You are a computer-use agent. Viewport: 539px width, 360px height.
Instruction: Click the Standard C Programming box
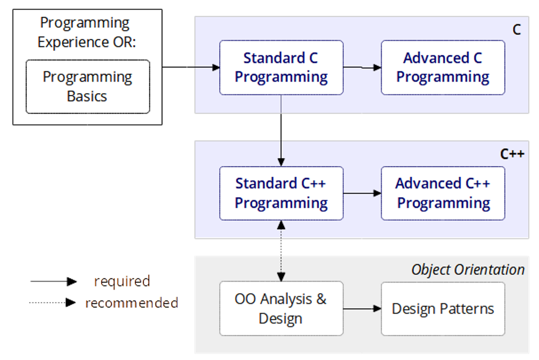[x=281, y=67]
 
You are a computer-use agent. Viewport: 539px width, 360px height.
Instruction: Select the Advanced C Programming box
[x=443, y=67]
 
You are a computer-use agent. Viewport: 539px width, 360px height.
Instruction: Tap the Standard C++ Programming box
[x=281, y=193]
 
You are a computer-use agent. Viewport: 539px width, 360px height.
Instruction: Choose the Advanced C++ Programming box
[x=443, y=193]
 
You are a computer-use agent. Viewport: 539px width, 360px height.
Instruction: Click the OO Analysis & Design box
[x=281, y=308]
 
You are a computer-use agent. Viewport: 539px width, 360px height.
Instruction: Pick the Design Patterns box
[x=443, y=308]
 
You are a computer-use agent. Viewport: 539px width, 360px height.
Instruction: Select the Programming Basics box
[x=88, y=86]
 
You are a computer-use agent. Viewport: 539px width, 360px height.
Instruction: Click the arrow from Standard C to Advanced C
[x=362, y=67]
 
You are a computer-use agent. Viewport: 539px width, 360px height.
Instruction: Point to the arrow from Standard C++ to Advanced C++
[x=362, y=193]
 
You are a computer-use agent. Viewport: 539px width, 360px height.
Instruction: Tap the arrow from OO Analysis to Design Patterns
[x=362, y=309]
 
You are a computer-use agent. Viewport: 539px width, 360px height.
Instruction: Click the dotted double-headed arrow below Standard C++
[x=281, y=251]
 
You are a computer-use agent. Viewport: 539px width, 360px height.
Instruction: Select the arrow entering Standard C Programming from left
[x=204, y=67]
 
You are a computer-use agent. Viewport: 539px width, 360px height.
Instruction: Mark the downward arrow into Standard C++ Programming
[x=281, y=153]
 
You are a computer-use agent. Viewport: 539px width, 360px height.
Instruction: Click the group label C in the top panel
[x=517, y=30]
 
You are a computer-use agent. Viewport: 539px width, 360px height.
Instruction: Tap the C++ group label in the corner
[x=512, y=154]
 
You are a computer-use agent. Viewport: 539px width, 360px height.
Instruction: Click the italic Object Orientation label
[x=468, y=269]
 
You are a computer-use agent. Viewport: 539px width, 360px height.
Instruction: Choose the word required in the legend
[x=122, y=281]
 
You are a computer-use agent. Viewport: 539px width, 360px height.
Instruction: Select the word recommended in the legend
[x=131, y=303]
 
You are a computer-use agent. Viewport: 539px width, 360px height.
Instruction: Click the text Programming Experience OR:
[x=85, y=32]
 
